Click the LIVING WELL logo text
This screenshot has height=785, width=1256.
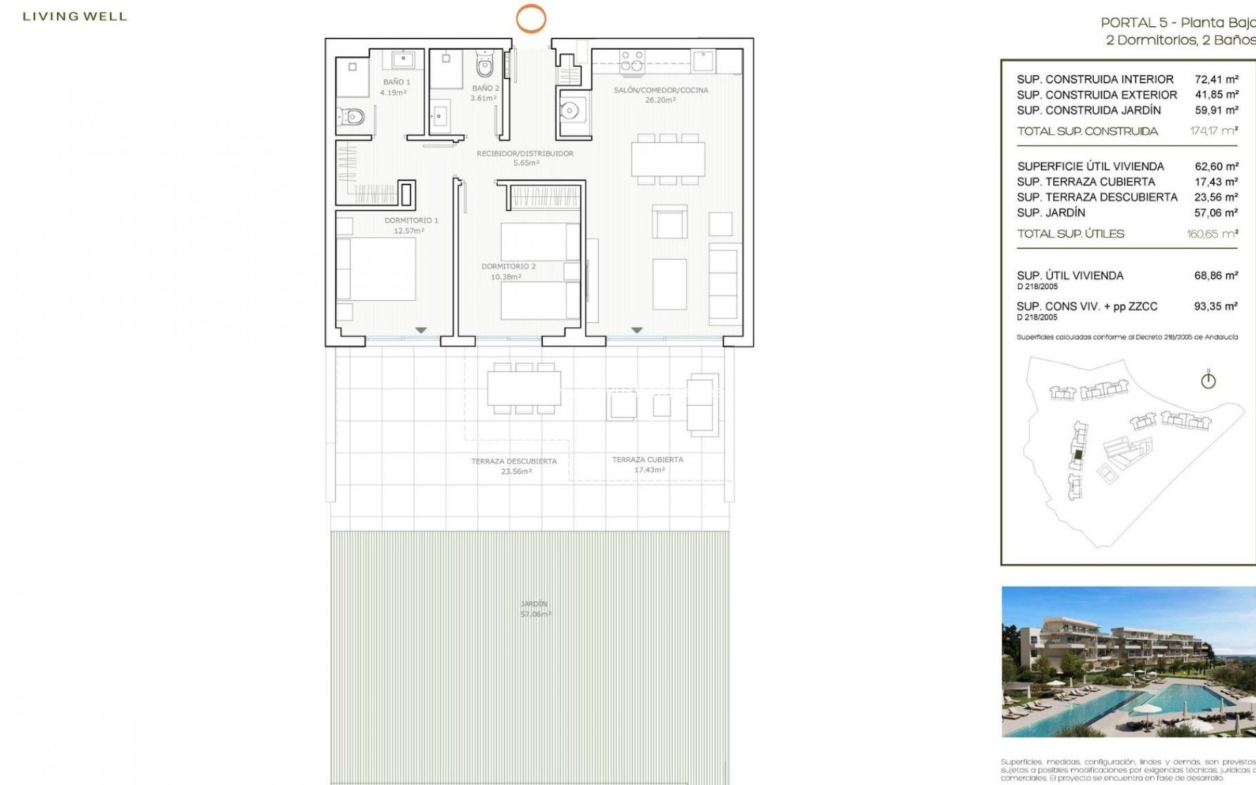[75, 17]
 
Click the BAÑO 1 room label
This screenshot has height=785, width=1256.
[396, 82]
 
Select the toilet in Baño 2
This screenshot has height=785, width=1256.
[484, 66]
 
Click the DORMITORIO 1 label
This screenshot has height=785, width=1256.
[411, 221]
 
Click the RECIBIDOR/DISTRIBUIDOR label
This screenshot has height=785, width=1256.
[525, 154]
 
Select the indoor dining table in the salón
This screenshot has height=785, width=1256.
[668, 159]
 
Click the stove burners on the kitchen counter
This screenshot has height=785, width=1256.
[632, 61]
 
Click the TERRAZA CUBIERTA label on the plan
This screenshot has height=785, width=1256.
[647, 460]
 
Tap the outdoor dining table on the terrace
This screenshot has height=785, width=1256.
[523, 389]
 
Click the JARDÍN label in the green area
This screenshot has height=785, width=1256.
[534, 604]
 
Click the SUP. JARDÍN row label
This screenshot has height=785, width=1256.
[1051, 213]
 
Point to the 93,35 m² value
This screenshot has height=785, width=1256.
[1215, 306]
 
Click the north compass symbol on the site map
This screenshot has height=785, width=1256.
[1208, 380]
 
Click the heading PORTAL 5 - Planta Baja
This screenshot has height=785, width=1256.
[1177, 23]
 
